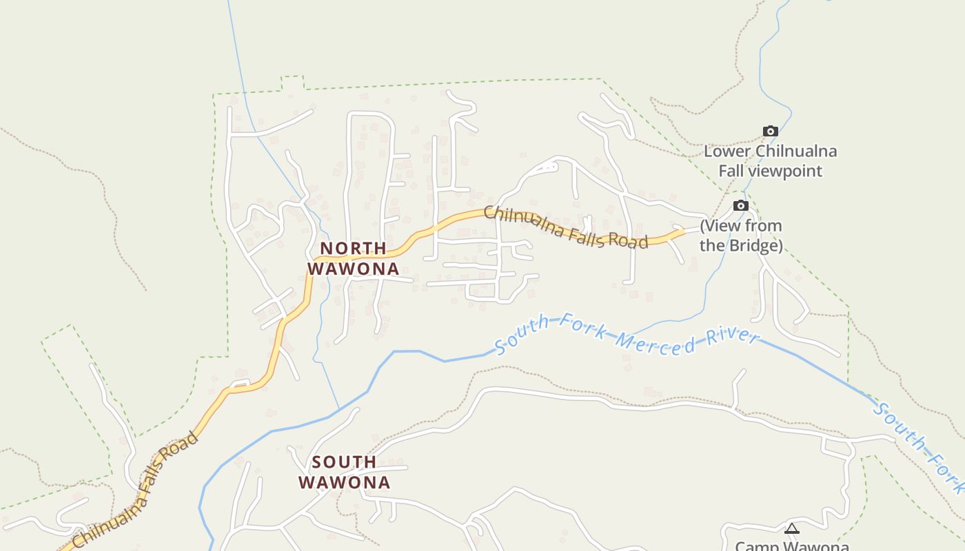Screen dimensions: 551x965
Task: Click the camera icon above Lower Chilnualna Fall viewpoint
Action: tap(771, 131)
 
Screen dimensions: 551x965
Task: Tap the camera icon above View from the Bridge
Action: tap(740, 205)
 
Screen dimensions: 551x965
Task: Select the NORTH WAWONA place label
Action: tap(353, 258)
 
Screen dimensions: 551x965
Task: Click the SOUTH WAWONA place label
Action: tap(344, 472)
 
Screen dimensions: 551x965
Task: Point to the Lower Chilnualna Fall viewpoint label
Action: tap(771, 161)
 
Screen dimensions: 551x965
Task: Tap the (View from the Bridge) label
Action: tap(741, 236)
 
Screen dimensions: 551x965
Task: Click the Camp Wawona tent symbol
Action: tap(792, 529)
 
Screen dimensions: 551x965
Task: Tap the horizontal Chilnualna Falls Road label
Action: tap(565, 227)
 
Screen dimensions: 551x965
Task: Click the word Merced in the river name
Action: tap(655, 342)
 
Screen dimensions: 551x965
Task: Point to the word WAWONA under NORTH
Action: tap(353, 269)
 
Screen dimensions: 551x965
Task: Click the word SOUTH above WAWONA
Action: tap(344, 461)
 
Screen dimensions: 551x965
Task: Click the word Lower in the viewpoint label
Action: tap(727, 152)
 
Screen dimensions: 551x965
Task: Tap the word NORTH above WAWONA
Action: tap(353, 248)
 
